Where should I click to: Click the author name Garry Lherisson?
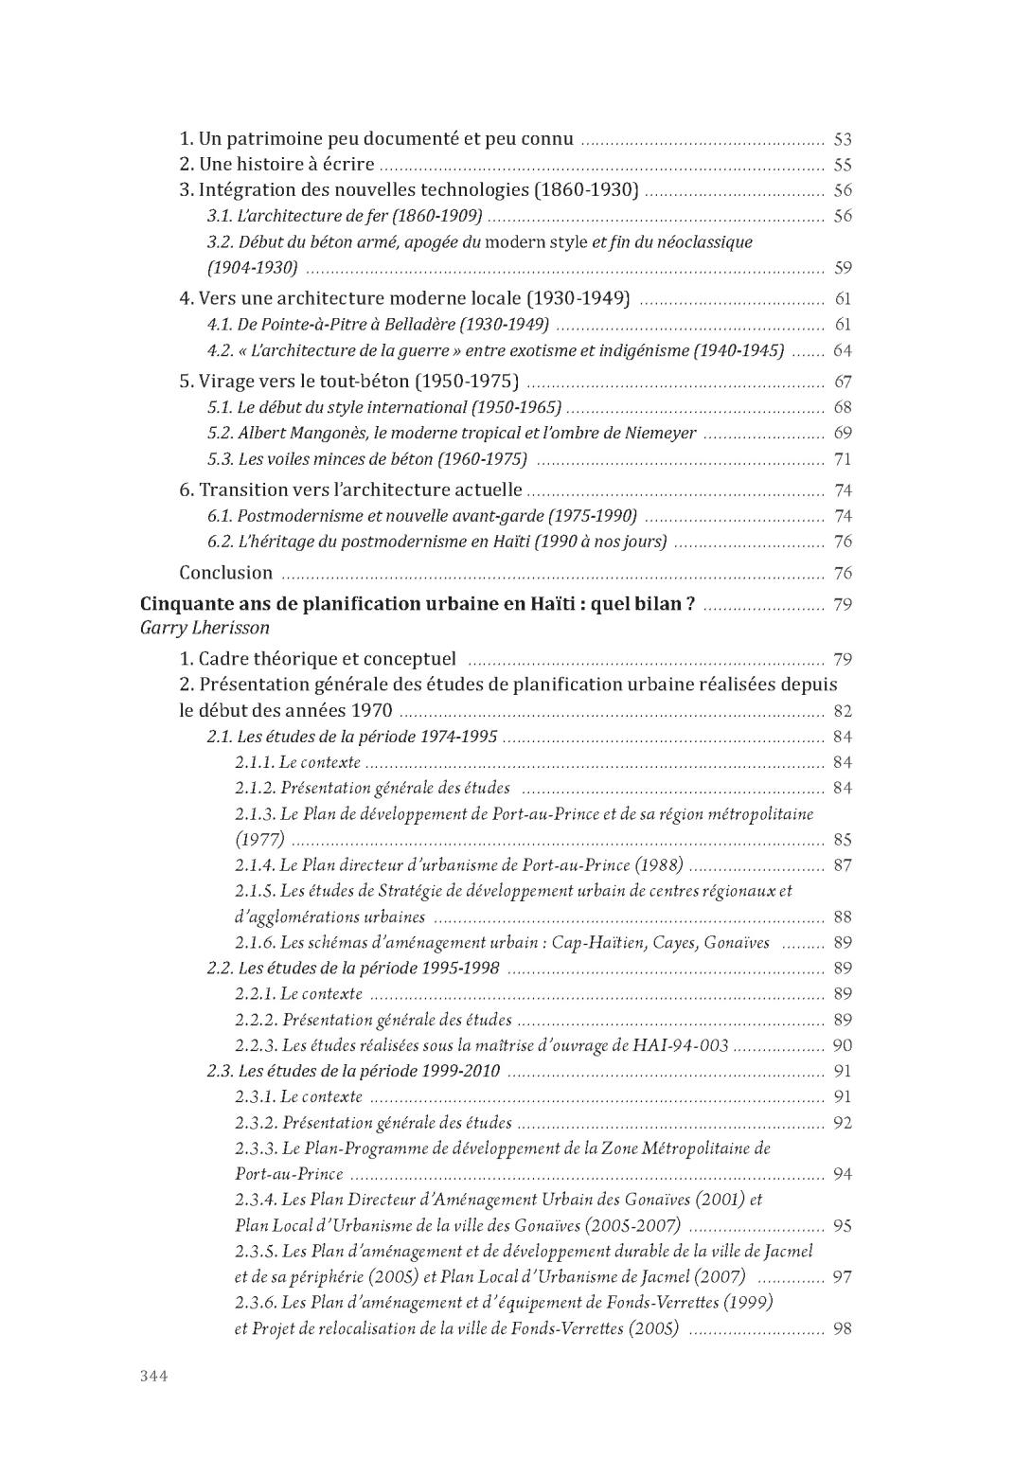click(205, 628)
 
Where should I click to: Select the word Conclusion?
click(226, 573)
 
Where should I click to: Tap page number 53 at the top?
click(843, 139)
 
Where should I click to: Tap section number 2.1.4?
click(255, 865)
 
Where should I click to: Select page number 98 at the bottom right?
click(843, 1328)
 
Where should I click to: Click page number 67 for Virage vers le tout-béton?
click(843, 382)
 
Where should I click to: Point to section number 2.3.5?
click(256, 1252)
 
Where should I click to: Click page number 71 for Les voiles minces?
click(843, 460)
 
